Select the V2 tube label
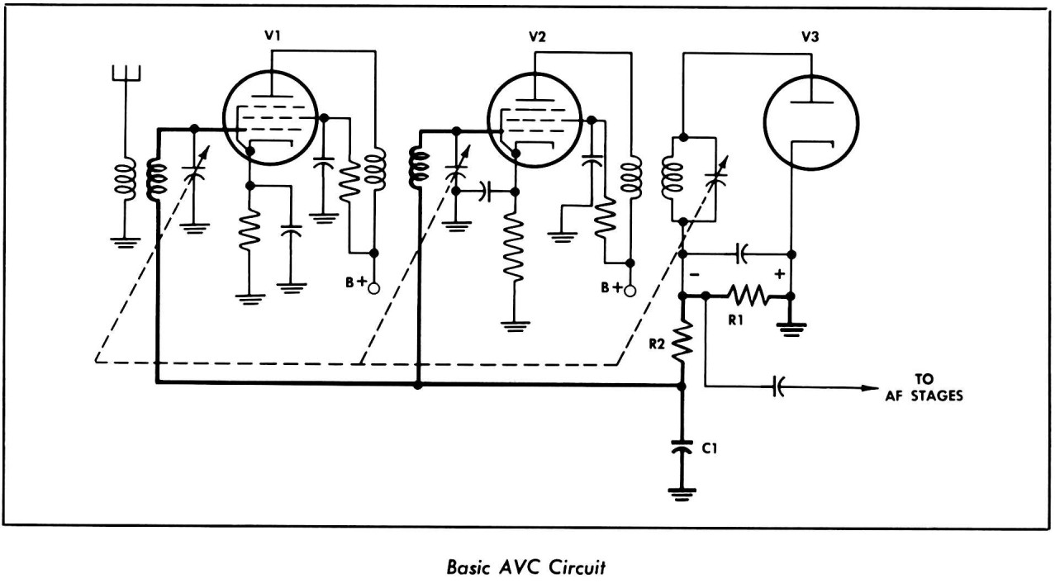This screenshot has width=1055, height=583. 536,36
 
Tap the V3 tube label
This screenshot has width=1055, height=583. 810,36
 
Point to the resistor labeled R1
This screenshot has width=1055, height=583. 748,295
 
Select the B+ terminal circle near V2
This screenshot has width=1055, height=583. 630,290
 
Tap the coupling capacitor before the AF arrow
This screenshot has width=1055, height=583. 779,387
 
